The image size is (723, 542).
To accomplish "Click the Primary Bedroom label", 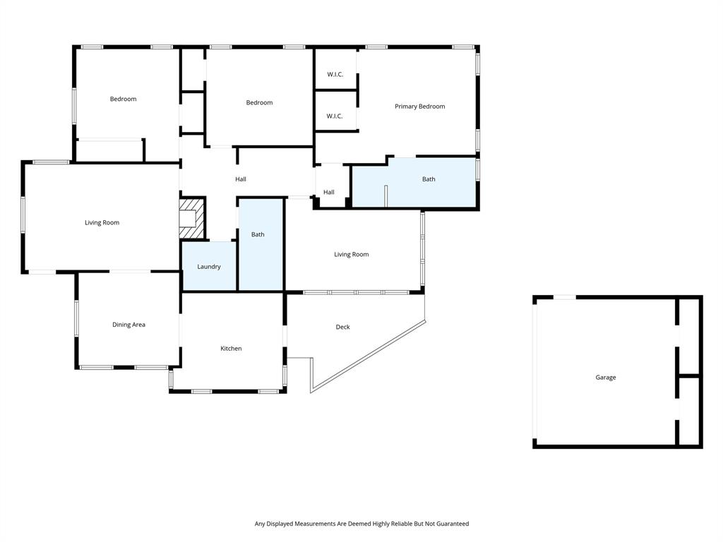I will click(419, 107).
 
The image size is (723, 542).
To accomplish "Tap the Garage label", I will click(605, 378).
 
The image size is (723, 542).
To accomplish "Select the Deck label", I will click(342, 327).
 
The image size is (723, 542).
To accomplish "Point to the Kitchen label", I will click(231, 349).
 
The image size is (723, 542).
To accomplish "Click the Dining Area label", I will click(129, 325).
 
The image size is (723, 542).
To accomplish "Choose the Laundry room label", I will click(208, 267).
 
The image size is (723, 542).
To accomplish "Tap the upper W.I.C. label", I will click(335, 75).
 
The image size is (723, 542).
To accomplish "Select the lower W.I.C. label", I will click(335, 116).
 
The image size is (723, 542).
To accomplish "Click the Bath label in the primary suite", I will click(429, 179).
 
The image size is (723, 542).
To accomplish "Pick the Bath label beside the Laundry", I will click(258, 234).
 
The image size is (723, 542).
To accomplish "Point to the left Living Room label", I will click(102, 223).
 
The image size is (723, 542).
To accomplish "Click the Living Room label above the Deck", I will click(351, 255).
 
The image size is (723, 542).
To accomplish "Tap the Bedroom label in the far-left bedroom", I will click(123, 100).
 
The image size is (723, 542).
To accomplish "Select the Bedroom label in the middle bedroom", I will click(259, 103).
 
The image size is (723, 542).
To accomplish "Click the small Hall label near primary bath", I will click(329, 193).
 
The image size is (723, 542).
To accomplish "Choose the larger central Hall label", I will click(241, 179).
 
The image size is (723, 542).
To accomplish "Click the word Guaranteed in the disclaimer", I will click(452, 524).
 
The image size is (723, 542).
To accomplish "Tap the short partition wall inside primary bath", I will click(386, 195).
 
